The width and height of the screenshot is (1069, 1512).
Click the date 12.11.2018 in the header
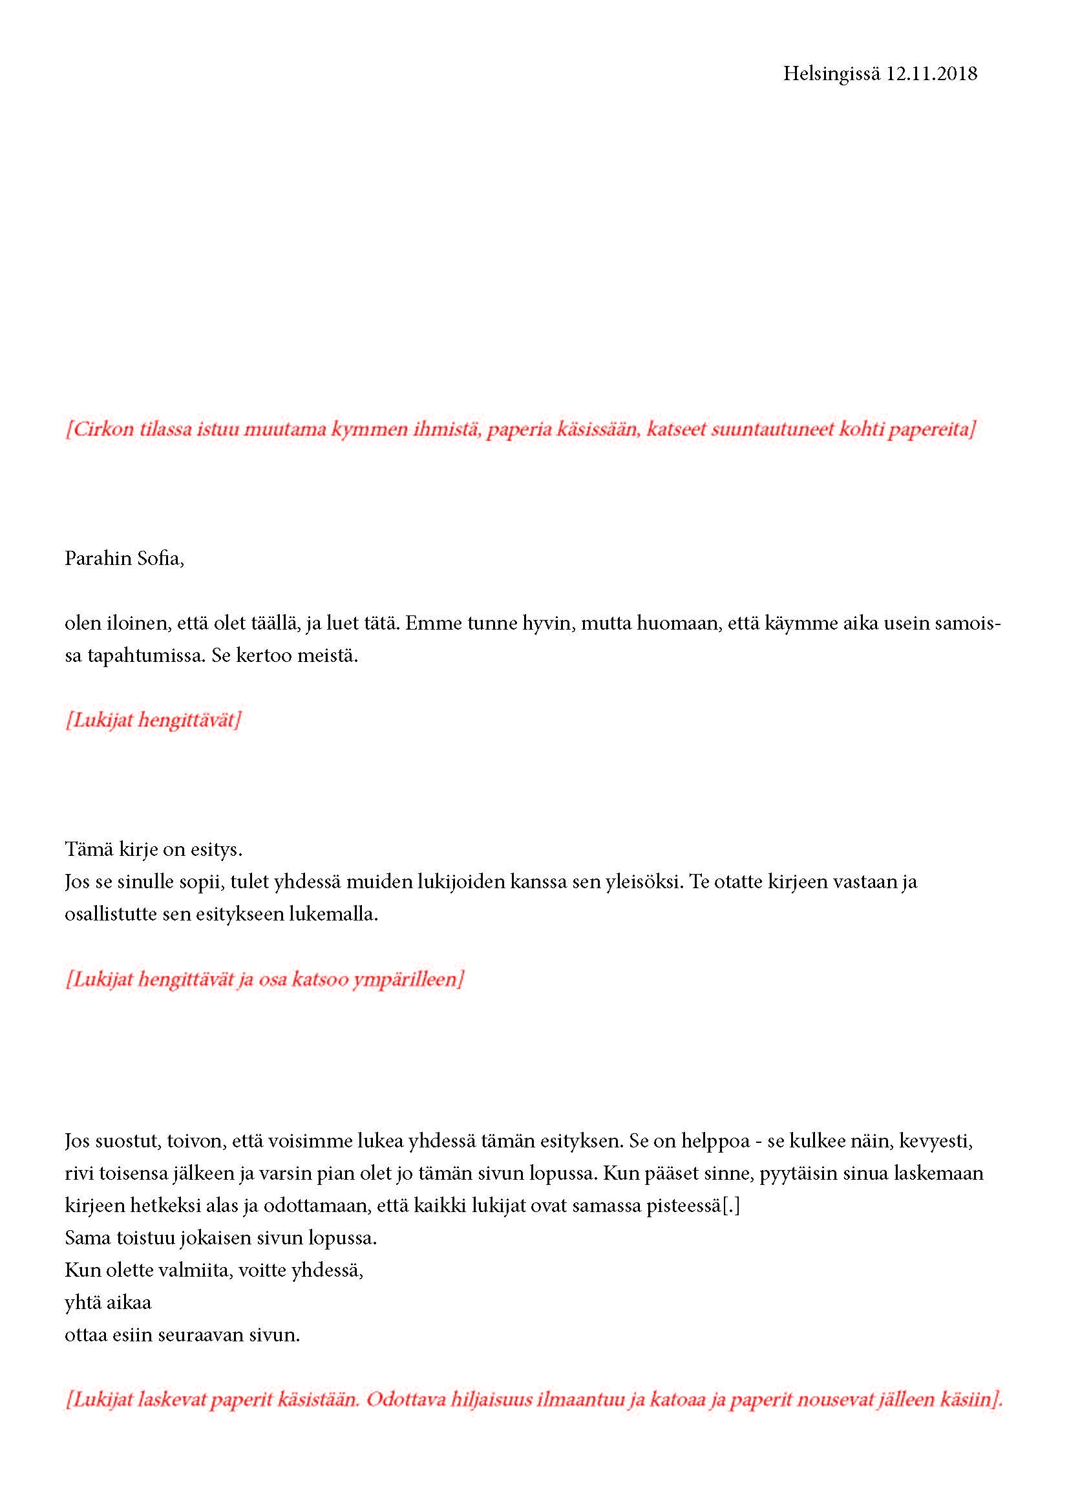pos(931,74)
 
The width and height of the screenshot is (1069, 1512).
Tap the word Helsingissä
pos(831,74)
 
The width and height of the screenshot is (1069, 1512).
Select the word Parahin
pos(98,559)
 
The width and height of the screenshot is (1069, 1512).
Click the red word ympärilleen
pos(408,979)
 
